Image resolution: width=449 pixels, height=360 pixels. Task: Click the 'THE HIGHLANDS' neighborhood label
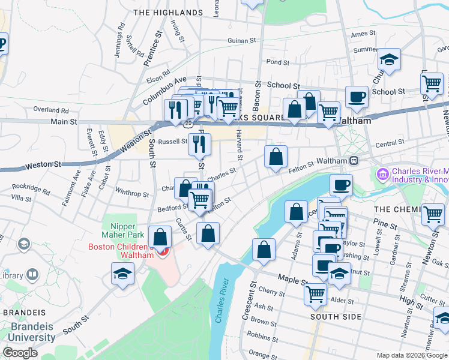tap(167, 12)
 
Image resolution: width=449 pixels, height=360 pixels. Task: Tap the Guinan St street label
tap(242, 41)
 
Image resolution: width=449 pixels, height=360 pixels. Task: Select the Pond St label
tap(277, 62)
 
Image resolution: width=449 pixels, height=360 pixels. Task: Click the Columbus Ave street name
tap(164, 91)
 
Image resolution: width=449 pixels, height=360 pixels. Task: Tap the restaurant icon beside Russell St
tap(199, 143)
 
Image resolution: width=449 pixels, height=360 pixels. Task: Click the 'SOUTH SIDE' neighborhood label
tap(336, 316)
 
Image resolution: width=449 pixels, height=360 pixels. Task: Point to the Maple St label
tap(292, 278)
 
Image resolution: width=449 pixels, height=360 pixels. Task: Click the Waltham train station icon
tap(354, 161)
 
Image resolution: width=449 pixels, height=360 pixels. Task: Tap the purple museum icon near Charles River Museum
tap(382, 173)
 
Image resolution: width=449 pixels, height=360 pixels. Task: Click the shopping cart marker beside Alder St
tap(316, 293)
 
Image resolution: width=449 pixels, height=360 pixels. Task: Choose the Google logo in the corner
tap(20, 353)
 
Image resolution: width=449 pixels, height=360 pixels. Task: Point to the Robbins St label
tap(259, 337)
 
